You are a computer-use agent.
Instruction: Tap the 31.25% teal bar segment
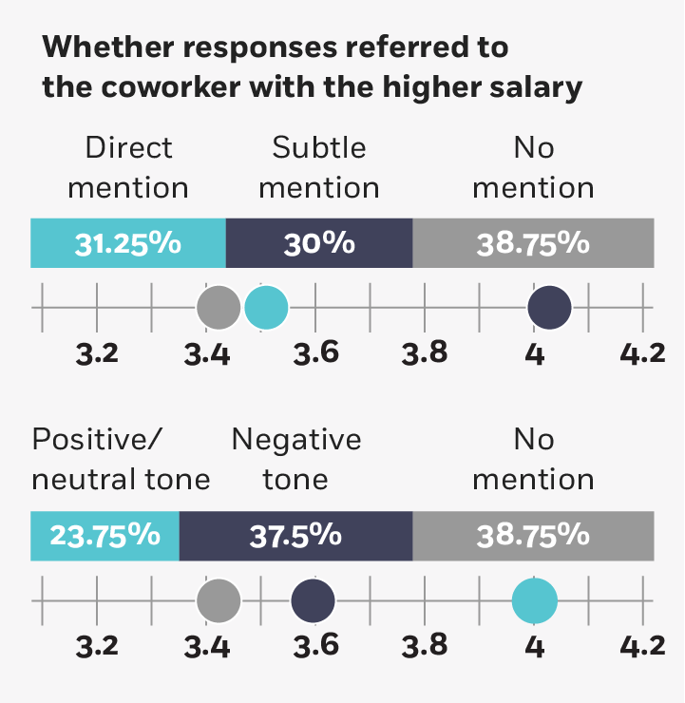click(128, 242)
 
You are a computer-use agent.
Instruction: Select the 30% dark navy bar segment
click(319, 242)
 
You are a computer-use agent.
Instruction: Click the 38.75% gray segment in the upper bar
click(533, 242)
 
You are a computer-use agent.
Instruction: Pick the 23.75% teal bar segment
click(105, 535)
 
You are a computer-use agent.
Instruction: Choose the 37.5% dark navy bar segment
click(295, 535)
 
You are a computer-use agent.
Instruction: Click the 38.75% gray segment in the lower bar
click(533, 535)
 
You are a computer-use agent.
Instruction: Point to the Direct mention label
click(128, 167)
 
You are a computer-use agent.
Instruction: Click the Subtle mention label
click(319, 167)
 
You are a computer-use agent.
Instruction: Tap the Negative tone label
click(295, 459)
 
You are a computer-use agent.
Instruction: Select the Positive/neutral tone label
click(121, 459)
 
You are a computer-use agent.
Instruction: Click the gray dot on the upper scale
click(219, 308)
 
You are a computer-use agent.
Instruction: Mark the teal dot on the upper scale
click(266, 308)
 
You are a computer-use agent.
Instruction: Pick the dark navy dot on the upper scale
click(549, 308)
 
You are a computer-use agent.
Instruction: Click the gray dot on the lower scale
click(219, 600)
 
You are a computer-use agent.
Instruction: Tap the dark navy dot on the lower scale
click(313, 600)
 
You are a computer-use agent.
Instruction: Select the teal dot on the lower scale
click(534, 600)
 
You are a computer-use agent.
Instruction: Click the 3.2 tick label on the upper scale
click(97, 353)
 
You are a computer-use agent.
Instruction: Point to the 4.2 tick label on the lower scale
click(642, 646)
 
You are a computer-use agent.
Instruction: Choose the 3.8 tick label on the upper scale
click(425, 353)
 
